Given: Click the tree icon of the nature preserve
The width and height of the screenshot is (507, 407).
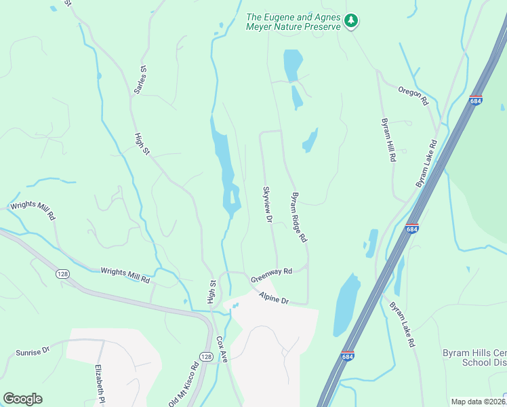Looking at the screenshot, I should pos(350,21).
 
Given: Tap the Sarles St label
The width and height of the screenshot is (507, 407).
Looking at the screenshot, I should pos(142,79).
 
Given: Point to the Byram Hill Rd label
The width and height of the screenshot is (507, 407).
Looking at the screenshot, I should pos(388,140).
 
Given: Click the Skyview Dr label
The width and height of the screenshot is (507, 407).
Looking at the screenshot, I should pos(268,204).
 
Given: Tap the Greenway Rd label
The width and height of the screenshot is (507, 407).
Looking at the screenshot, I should pos(271,275).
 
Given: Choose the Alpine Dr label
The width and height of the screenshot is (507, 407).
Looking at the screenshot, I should pos(274,297).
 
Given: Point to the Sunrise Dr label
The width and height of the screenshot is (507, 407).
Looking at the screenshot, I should pos(33,352).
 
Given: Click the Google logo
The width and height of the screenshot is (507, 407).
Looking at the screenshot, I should pos(22,399).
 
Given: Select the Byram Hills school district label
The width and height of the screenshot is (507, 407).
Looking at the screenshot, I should pos(474,357).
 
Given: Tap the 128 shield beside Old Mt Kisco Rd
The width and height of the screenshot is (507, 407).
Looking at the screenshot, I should pos(207,357).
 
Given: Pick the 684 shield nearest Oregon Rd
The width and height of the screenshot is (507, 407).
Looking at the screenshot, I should pos(475,100).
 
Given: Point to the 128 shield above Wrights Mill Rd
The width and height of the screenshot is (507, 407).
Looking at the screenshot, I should pos(62,273).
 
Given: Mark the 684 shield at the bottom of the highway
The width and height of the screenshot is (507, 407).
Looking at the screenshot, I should pos(348,355).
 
